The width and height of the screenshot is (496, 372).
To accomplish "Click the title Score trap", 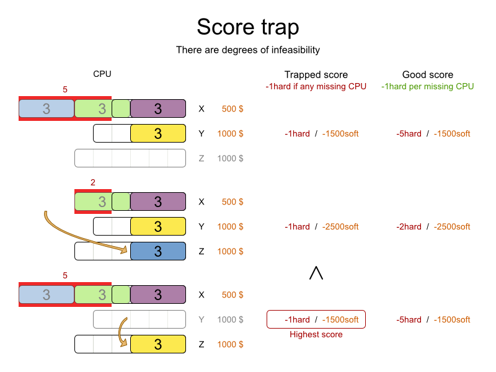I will coord(248,27).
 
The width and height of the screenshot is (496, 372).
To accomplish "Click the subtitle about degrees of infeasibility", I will coord(248,50).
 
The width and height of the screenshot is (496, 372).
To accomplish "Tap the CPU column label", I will coord(102,74).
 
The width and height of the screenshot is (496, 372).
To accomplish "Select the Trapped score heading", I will coord(316,74).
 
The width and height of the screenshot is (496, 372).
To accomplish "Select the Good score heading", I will coord(428,74).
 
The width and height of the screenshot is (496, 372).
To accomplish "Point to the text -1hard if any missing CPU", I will coord(316,86).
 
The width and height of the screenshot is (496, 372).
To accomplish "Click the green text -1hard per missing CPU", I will coord(428,86).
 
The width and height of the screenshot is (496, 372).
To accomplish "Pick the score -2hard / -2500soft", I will coord(433,227).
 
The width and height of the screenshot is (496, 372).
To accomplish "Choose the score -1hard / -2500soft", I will coord(322,227).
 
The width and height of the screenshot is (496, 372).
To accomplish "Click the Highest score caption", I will coord(316,334).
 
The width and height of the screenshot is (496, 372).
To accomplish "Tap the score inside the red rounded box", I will coord(322,320).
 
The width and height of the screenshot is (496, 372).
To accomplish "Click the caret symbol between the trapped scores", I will coord(316,273).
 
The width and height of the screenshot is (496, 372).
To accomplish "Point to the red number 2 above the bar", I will coord(92,182).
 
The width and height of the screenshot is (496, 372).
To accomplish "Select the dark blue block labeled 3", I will coord(158,251).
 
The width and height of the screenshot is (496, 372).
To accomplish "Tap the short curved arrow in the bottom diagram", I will coord(122,332).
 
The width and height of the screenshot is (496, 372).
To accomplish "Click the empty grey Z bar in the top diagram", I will coord(130,158).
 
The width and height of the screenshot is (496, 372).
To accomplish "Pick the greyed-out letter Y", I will coord(201,320).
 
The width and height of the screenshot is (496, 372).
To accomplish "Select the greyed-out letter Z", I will coord(201,158).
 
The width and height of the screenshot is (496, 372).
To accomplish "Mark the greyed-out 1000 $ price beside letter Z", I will coord(230,158).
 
